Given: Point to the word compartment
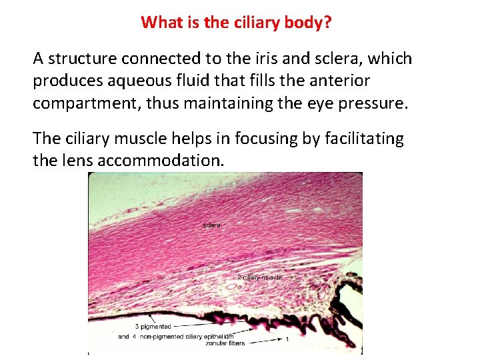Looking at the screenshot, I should click(82, 103).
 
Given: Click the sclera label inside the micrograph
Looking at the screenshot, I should click(211, 225).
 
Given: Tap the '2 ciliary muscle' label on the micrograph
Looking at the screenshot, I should click(259, 277).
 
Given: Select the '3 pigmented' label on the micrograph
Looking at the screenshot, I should click(153, 327).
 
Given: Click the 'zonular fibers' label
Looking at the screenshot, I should click(225, 343).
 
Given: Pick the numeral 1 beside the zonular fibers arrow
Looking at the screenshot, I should click(287, 339).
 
